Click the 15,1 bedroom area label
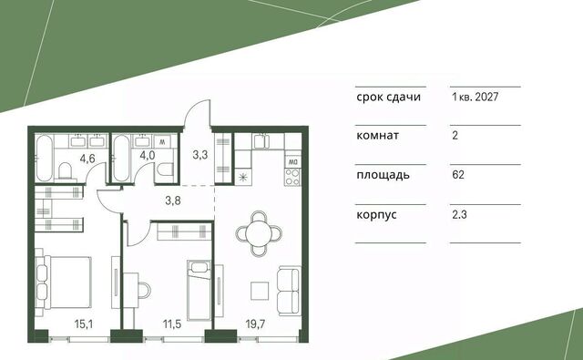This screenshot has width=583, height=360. pos(84,324)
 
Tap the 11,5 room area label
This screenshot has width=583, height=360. pos(172,324)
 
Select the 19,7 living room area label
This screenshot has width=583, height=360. pos(255,324)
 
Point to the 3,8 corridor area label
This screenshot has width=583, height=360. pos(173,201)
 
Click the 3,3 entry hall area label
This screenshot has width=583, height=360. pos(200,155)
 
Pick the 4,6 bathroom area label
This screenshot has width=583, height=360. pos(87,159)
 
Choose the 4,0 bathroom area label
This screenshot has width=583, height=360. pos(148,155)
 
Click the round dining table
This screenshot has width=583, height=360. pos(259,233)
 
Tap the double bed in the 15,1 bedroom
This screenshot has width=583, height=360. pos(63,283)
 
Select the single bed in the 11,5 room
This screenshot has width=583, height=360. pos(199,290)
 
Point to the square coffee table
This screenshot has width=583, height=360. pos(260,291)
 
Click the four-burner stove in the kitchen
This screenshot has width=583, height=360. pos(292,177)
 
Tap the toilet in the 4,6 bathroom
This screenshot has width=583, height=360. pos(66,171)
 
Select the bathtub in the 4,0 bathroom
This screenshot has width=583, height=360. pos(121,158)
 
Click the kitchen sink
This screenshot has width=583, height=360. pos(262,141)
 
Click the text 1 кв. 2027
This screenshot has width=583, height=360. pos(475,98)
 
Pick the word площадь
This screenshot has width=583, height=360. pos(383,175)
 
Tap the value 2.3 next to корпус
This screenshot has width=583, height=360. pos(459,214)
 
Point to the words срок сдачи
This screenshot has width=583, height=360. pos(389,98)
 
